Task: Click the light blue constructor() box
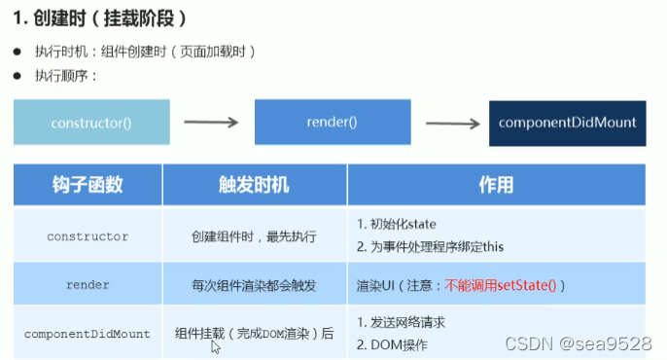[91, 123]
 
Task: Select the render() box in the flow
[332, 123]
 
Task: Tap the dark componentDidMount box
[567, 123]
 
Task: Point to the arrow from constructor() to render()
[211, 123]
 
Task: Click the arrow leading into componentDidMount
[452, 123]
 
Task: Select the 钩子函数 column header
[87, 185]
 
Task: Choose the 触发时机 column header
[254, 185]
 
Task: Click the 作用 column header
[496, 185]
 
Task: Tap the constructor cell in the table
[87, 235]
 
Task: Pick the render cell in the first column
[87, 285]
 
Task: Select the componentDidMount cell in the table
[87, 334]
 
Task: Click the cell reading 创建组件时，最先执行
[254, 235]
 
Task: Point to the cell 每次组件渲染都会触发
[254, 285]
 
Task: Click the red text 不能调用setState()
[501, 285]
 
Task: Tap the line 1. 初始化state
[399, 225]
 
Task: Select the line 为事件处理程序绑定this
[438, 247]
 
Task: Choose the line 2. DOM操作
[393, 344]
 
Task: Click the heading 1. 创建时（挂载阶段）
[100, 18]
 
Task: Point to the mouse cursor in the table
[216, 345]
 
